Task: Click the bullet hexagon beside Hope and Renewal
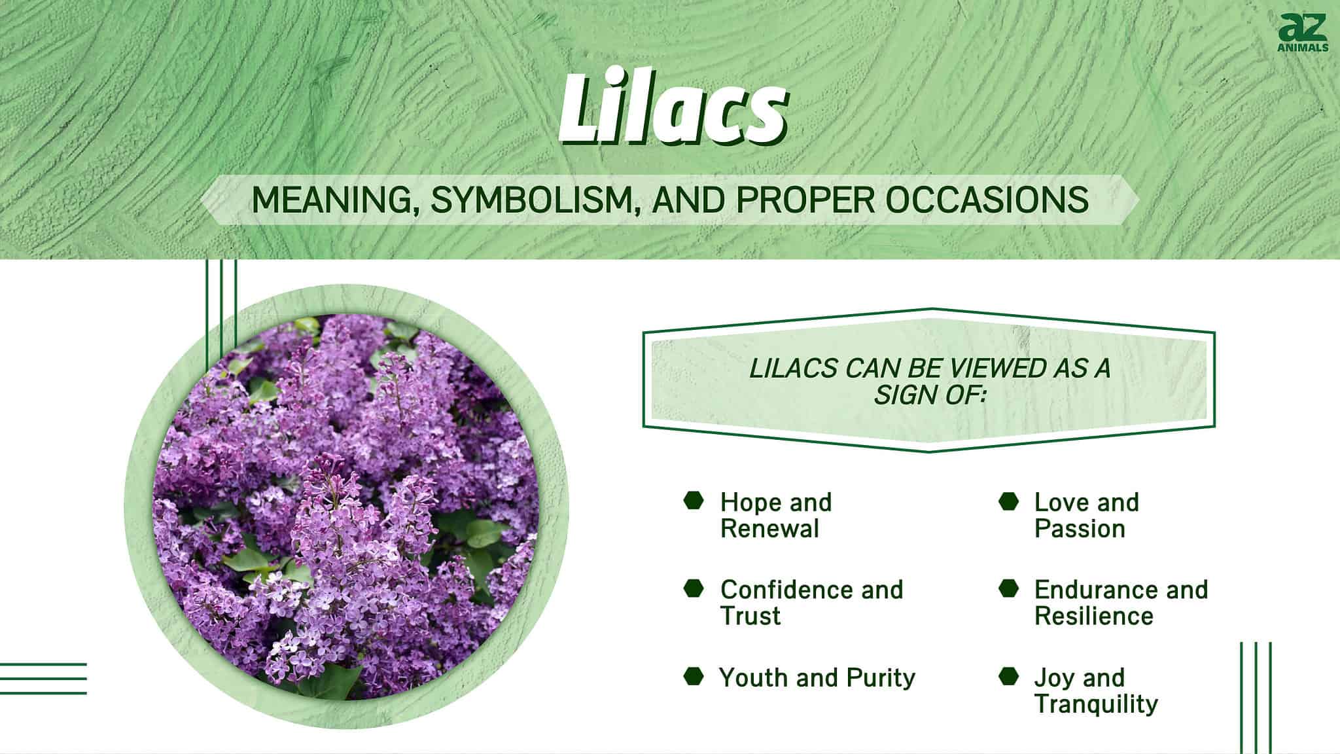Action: pos(694,501)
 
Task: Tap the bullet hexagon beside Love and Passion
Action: pos(1009,501)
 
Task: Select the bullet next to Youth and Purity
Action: pos(694,676)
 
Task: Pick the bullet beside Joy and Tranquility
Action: pos(1009,676)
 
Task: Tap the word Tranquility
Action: pos(1096,704)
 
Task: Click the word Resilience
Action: pos(1093,616)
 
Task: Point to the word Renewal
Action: pos(769,529)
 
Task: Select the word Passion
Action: pos(1080,529)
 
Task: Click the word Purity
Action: pos(881,677)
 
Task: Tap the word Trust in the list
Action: pos(750,616)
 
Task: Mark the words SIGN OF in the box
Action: pos(929,395)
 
